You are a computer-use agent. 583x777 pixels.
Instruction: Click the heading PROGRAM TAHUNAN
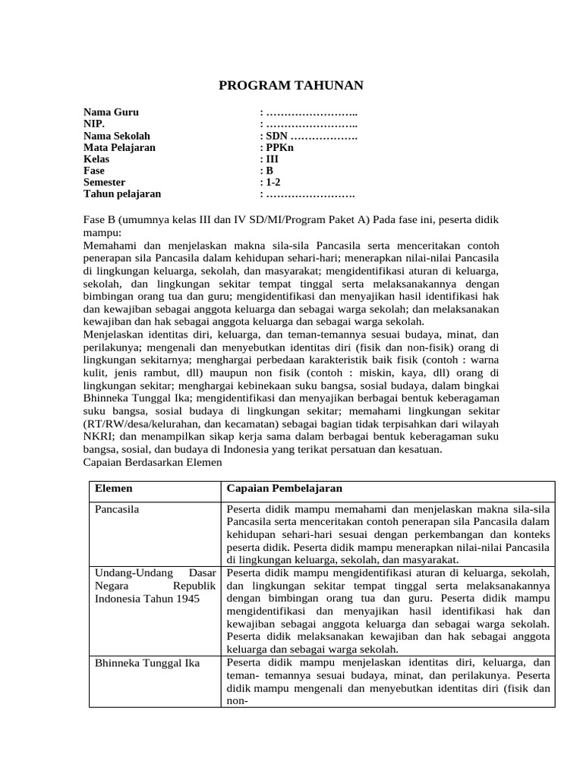(x=291, y=86)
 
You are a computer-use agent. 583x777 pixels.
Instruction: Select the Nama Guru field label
(x=111, y=112)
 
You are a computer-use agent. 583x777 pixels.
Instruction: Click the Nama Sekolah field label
(x=117, y=136)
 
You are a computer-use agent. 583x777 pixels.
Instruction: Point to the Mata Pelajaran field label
(x=119, y=148)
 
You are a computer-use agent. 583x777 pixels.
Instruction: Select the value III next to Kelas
(x=273, y=159)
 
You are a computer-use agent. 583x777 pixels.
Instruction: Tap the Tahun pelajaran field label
(x=122, y=194)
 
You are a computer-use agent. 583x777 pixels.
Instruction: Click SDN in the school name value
(x=276, y=136)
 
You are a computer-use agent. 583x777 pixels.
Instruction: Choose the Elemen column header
(x=113, y=489)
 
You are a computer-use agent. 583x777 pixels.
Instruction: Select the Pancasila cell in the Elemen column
(x=118, y=509)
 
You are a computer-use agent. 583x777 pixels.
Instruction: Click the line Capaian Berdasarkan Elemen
(x=152, y=461)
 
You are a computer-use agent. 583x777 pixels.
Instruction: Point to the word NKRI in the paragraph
(x=97, y=437)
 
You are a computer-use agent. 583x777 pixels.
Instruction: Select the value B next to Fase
(x=269, y=171)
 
